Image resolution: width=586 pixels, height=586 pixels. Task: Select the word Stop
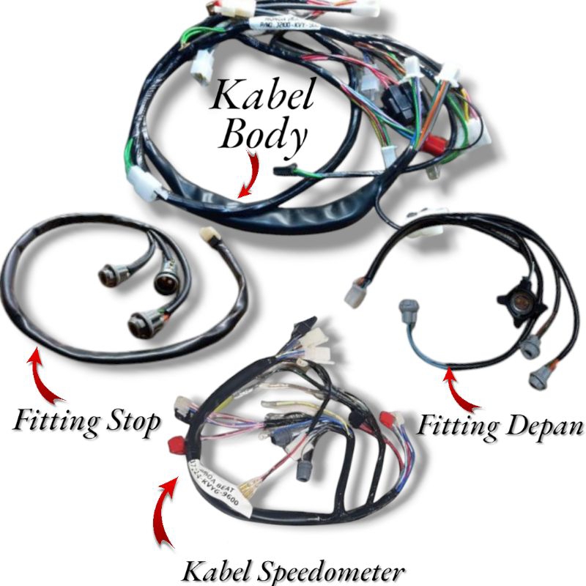(131, 423)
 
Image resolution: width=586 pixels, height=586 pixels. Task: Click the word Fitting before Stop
(55, 423)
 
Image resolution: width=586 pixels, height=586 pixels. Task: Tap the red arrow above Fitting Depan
(461, 392)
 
